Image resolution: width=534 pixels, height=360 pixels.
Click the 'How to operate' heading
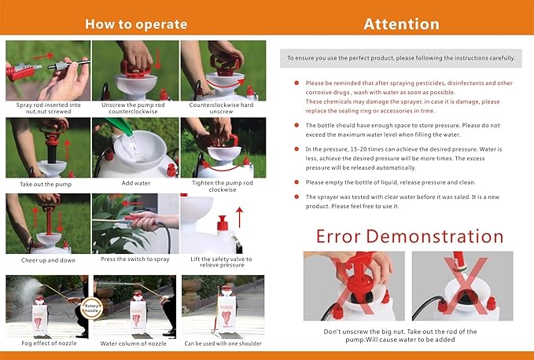coord(135,23)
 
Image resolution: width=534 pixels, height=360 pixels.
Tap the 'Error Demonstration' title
coord(409,236)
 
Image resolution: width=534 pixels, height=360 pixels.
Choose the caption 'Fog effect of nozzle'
coord(46,343)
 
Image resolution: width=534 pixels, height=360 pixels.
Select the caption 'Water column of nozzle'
coord(135,343)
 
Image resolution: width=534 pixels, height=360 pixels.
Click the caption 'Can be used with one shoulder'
coord(223,343)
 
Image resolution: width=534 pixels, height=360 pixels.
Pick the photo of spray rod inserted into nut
coord(47,71)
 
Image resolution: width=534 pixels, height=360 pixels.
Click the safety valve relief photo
coord(223,224)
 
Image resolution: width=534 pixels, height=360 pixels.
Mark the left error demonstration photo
coord(354,286)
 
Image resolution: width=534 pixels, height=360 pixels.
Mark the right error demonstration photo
coord(462,286)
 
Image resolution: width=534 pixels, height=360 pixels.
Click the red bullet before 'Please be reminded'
coord(296,83)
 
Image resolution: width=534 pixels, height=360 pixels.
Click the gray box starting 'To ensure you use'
coord(400,58)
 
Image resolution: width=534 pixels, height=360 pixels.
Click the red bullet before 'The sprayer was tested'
coord(296,197)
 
